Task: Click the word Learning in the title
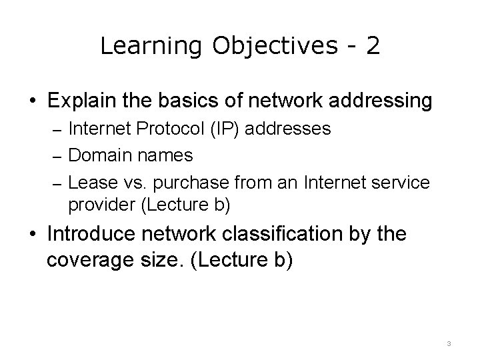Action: (x=151, y=46)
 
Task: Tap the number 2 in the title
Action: (x=373, y=45)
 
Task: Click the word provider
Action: (x=101, y=205)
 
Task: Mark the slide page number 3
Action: (x=449, y=343)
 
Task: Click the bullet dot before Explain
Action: (x=32, y=102)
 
